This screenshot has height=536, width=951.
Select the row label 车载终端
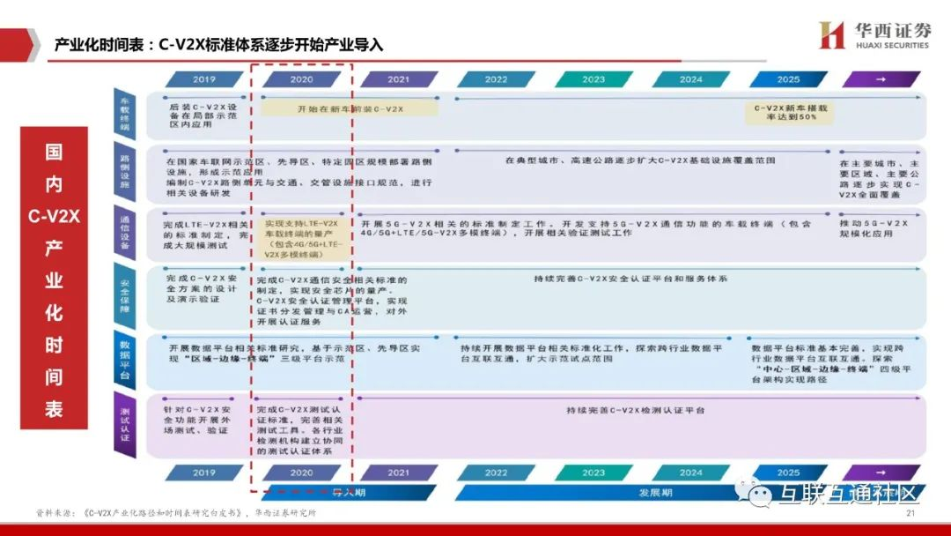(x=124, y=113)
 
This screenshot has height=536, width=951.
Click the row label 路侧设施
(x=124, y=173)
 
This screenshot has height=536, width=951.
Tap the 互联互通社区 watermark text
(x=844, y=496)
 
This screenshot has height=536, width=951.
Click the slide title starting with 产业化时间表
(x=219, y=44)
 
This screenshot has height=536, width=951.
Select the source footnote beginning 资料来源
(x=176, y=514)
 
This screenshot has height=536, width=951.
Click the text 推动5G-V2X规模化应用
(x=881, y=232)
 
